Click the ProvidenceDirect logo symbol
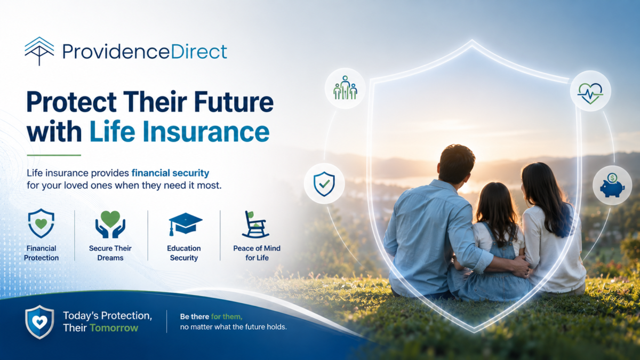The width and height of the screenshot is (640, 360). click(x=39, y=51)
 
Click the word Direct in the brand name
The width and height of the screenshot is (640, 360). click(x=199, y=51)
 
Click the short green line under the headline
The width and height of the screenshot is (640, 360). click(x=54, y=155)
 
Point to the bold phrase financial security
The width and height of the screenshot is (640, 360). click(x=170, y=173)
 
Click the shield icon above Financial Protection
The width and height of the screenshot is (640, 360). click(x=41, y=223)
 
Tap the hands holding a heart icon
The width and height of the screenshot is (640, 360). click(x=110, y=225)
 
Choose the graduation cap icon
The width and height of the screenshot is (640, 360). click(x=185, y=223)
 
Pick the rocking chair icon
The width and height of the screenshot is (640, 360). click(x=255, y=225)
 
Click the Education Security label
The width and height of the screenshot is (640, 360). click(x=184, y=253)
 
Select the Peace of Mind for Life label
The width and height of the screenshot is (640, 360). click(x=257, y=253)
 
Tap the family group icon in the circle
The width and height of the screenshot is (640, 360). click(x=345, y=88)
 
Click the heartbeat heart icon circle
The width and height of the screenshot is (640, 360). click(x=590, y=91)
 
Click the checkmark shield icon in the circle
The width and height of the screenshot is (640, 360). click(x=324, y=183)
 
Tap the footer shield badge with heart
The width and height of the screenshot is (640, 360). click(x=39, y=322)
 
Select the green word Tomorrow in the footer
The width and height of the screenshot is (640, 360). click(x=114, y=328)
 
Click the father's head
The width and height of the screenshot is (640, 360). click(x=457, y=163)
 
